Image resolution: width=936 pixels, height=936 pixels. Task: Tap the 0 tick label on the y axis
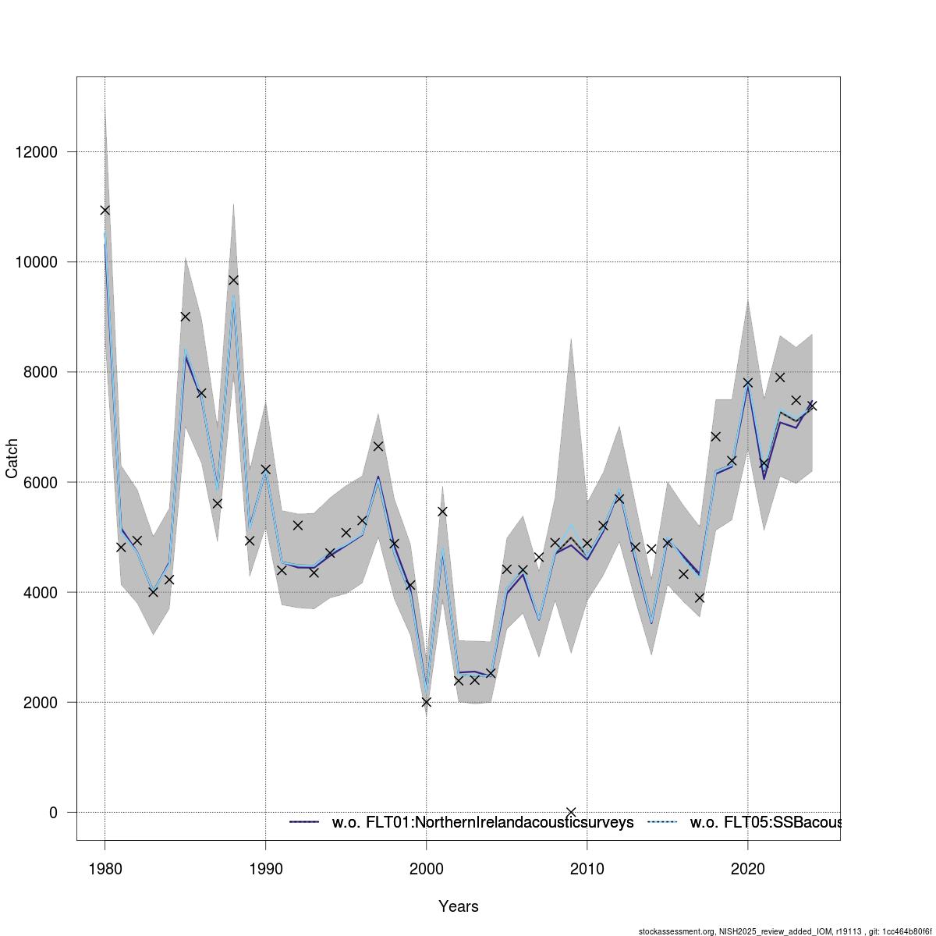(53, 813)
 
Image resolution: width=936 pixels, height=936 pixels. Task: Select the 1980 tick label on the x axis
(105, 869)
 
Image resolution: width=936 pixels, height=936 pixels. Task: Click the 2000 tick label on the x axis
(426, 869)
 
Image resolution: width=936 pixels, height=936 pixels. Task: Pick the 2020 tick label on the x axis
(748, 869)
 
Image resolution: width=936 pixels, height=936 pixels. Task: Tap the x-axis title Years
(459, 906)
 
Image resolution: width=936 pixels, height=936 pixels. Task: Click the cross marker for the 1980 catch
(105, 210)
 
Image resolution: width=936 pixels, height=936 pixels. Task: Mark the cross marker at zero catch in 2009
(571, 812)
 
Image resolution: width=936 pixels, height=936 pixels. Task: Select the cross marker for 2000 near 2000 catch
(426, 702)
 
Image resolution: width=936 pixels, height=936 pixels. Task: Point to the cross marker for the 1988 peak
(233, 280)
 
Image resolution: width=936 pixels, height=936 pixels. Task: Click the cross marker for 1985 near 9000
(185, 316)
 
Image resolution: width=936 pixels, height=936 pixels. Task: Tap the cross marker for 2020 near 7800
(748, 382)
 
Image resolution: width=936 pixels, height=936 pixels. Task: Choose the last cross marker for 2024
(812, 406)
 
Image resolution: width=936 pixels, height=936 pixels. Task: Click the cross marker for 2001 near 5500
(442, 512)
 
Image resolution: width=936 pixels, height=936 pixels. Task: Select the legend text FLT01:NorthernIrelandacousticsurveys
(483, 822)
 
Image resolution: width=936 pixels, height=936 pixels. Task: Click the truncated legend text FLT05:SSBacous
(764, 822)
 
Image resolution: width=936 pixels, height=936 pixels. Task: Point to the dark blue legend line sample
(305, 822)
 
